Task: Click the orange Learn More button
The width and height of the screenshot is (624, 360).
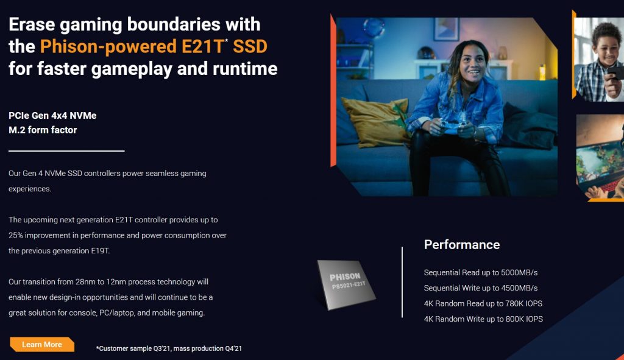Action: [42, 345]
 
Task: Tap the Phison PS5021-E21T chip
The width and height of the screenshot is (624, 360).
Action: [346, 284]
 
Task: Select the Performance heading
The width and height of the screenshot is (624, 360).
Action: [462, 245]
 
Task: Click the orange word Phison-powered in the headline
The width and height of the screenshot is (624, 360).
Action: [108, 47]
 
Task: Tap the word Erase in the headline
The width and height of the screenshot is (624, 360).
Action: [32, 24]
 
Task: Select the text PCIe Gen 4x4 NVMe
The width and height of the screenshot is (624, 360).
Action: [52, 115]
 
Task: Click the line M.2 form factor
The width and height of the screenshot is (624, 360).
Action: [43, 130]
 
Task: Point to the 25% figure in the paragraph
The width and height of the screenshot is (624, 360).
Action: [16, 235]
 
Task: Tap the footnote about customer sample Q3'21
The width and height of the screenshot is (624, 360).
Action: [169, 348]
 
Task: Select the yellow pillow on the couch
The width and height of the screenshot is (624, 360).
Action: [376, 121]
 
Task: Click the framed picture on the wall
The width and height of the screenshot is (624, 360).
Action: [445, 29]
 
